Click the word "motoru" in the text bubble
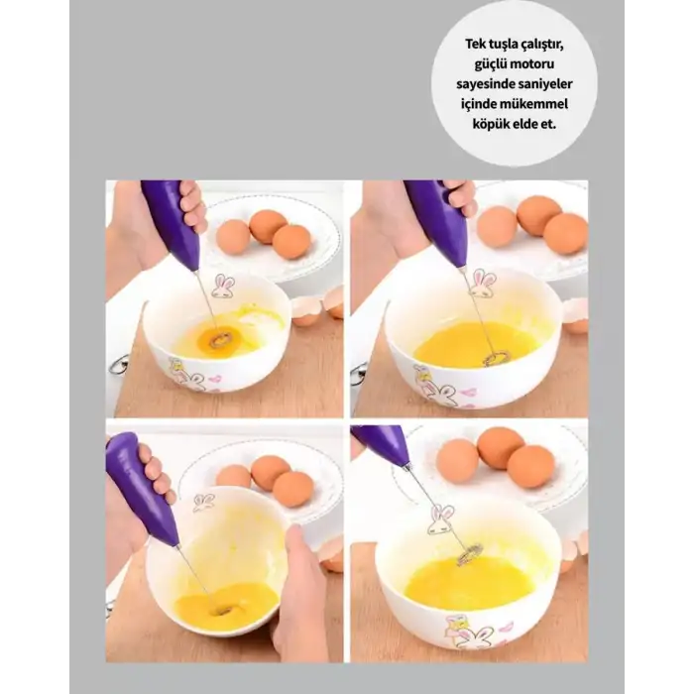coord(531,63)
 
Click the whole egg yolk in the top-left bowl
coord(218,339)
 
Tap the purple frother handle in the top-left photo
coord(172,226)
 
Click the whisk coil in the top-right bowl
coord(495,358)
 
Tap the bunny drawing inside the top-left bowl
coord(223,286)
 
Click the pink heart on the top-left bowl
coord(215,379)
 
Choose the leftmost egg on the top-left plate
coord(233,236)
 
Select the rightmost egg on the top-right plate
coord(566,234)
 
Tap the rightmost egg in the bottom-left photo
coord(292,490)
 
